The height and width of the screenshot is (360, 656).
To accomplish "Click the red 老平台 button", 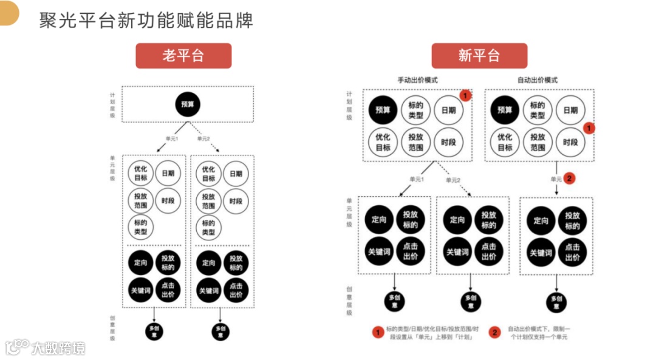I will (x=183, y=56).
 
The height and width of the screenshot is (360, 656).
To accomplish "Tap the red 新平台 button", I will (x=479, y=56).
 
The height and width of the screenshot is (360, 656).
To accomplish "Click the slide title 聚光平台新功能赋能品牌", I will (x=146, y=21).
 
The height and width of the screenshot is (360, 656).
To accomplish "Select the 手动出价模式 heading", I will (x=417, y=80).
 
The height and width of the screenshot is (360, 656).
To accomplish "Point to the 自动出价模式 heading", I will (x=537, y=80).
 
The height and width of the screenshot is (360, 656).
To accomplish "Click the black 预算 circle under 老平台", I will (x=187, y=104).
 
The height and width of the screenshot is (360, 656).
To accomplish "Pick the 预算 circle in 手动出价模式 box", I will (x=383, y=110).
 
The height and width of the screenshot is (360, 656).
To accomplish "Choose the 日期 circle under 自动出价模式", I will (x=570, y=110).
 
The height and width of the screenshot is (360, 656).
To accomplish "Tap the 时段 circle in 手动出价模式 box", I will (x=449, y=142).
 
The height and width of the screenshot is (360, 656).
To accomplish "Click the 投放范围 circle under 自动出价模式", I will (x=538, y=142).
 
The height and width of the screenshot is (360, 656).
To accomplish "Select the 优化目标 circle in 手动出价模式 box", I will (x=383, y=142).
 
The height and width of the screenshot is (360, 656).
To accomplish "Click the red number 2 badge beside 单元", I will (x=569, y=178).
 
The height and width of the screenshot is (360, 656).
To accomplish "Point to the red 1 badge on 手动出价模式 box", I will (x=465, y=95).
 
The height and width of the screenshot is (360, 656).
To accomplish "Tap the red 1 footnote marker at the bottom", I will (x=377, y=332).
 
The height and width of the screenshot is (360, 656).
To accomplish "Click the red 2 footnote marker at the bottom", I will (x=495, y=332).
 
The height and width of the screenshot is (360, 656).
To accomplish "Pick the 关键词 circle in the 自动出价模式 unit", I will (x=541, y=253).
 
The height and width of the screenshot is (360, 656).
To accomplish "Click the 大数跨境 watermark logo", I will (x=45, y=348).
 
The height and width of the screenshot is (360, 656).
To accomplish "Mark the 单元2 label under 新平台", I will (x=453, y=180).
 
